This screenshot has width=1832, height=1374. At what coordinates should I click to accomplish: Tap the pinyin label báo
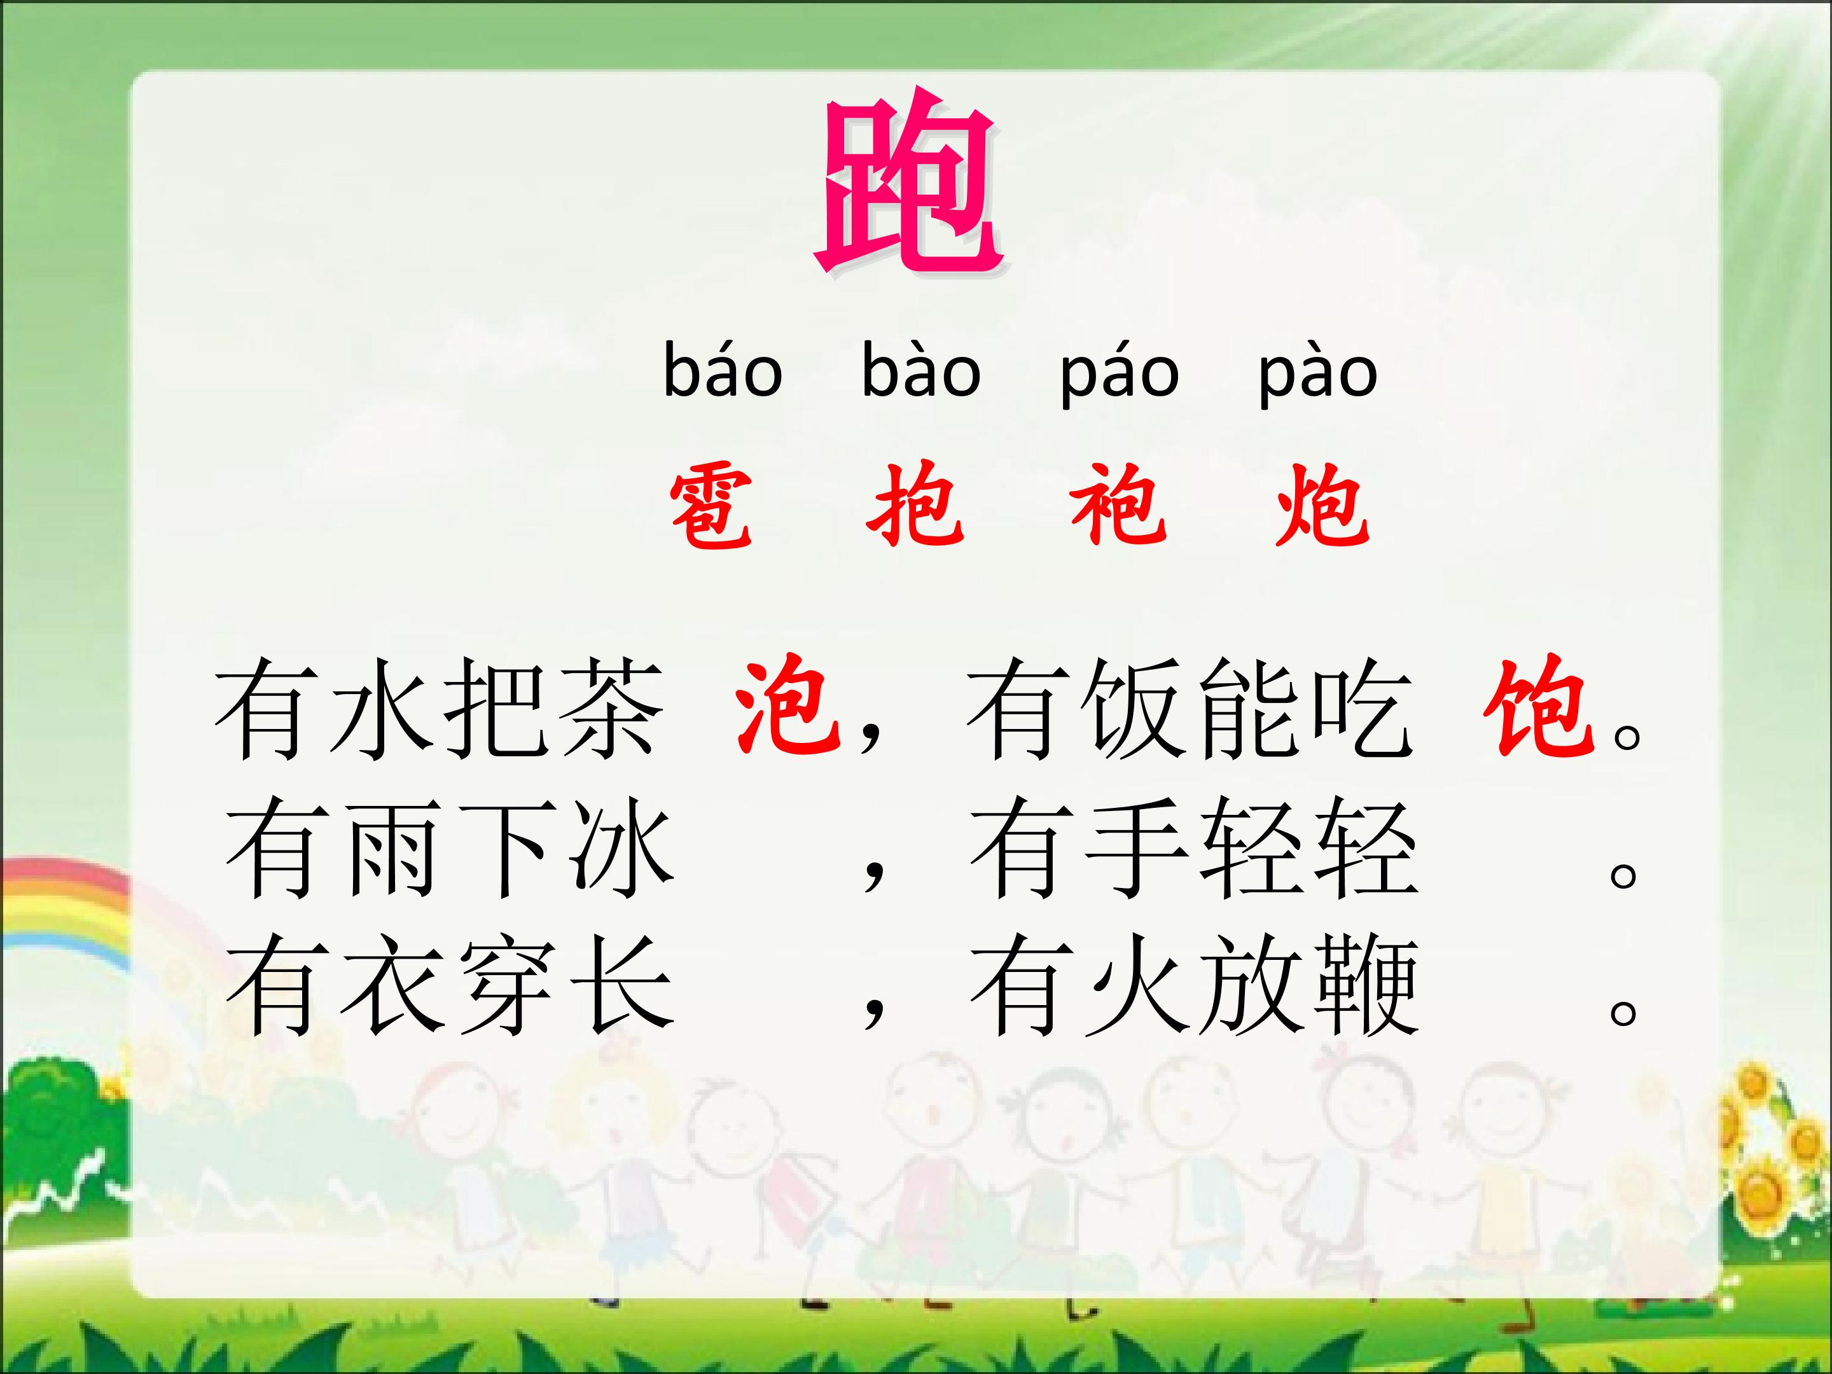[x=723, y=373]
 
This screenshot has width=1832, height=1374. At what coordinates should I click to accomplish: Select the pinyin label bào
[x=921, y=373]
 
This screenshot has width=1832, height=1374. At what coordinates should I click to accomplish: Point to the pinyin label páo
[x=1120, y=377]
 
